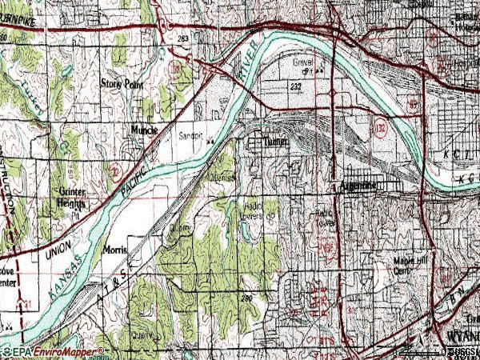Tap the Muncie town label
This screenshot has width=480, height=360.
pos(144,130)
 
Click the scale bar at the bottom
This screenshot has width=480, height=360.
pos(424,351)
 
